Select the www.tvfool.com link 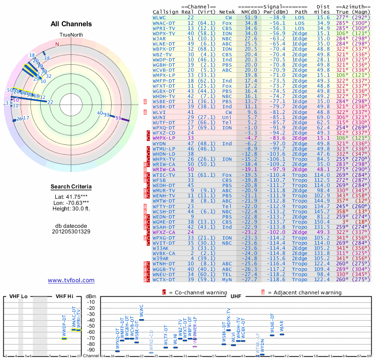pyautogui.click(x=71, y=280)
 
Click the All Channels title pyautogui.click(x=71, y=24)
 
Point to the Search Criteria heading pyautogui.click(x=71, y=187)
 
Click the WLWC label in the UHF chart pyautogui.click(x=142, y=311)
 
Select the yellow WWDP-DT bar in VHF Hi pyautogui.click(x=64, y=338)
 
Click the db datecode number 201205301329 pyautogui.click(x=71, y=231)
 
